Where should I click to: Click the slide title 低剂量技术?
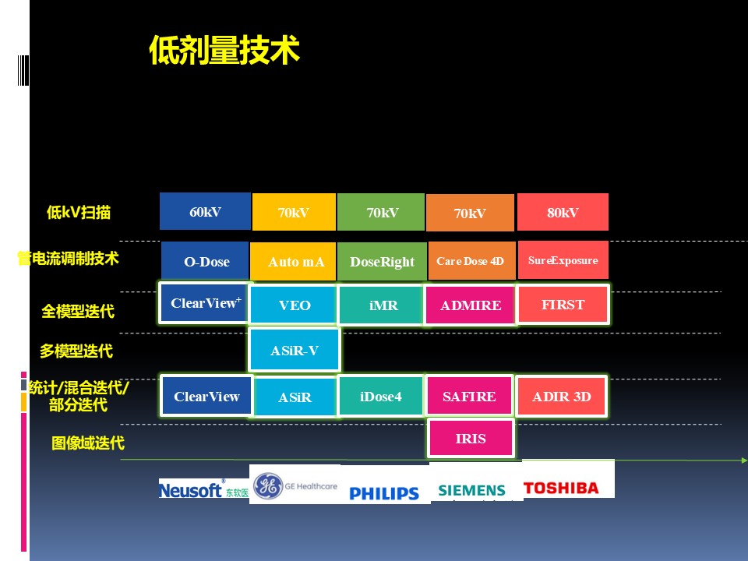tap(224, 50)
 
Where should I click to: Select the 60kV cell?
tap(205, 211)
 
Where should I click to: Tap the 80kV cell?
tap(563, 212)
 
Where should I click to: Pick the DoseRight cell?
tap(382, 262)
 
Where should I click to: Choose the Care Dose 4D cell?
tap(471, 260)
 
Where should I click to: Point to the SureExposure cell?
tap(563, 260)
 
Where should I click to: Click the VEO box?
tap(294, 305)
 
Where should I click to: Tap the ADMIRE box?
tap(471, 305)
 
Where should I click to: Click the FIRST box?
tap(563, 305)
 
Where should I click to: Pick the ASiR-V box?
tap(295, 350)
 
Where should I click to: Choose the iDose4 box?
tap(381, 397)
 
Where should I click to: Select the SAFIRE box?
tap(469, 396)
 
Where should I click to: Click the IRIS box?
tap(471, 439)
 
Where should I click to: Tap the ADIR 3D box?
tap(562, 397)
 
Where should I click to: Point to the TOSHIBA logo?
tap(561, 488)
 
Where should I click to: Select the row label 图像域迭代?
tap(88, 443)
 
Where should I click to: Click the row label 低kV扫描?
tap(79, 212)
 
